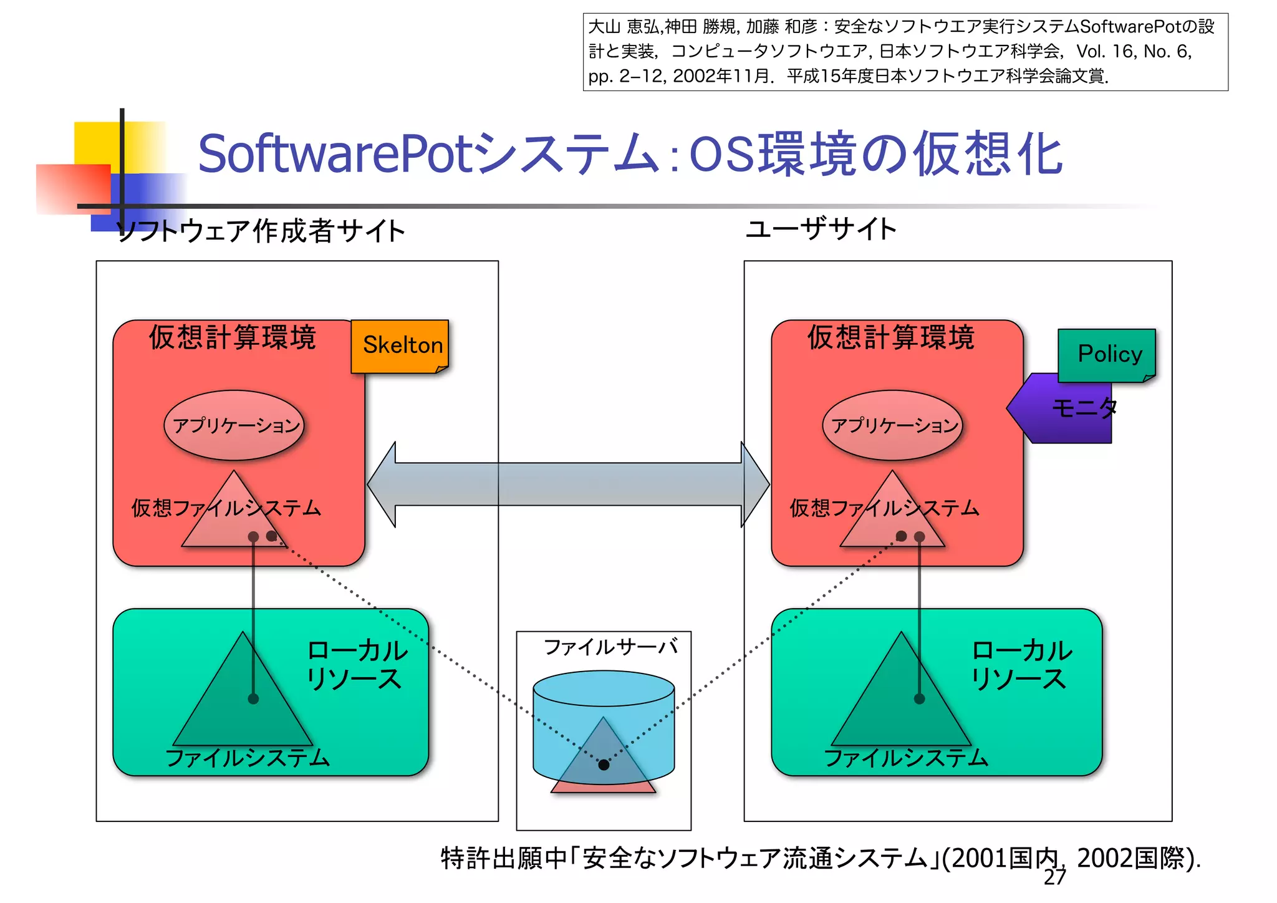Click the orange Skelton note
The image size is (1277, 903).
pos(400,346)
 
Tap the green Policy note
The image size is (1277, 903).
pos(1107,355)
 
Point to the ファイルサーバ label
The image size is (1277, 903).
pos(610,647)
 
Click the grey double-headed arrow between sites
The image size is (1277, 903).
pos(568,484)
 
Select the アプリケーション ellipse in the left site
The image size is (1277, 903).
pos(234,425)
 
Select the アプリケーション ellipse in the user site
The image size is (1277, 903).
pos(893,425)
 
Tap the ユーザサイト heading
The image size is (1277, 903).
pos(821,229)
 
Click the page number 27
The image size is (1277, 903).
pos(1055,877)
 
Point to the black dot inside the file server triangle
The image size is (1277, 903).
pos(604,765)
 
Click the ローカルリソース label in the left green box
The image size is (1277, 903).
pos(357,665)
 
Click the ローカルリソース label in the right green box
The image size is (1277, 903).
pos(1021,665)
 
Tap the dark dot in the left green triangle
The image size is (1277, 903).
pos(253,698)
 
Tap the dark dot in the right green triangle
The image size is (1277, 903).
pos(919,698)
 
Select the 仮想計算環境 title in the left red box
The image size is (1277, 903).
pos(233,337)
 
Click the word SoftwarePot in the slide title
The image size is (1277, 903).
pos(337,154)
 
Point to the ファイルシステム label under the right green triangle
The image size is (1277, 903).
pos(906,758)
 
